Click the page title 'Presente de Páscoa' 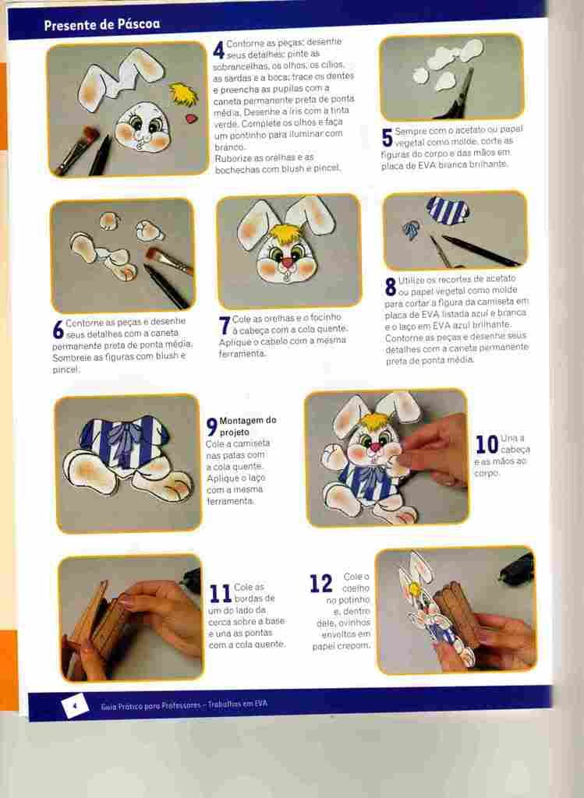click(101, 24)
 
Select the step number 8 click(390, 287)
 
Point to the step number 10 click(487, 445)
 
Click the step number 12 click(320, 584)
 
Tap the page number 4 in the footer click(74, 705)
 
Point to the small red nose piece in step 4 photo click(191, 118)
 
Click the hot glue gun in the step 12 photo click(518, 570)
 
